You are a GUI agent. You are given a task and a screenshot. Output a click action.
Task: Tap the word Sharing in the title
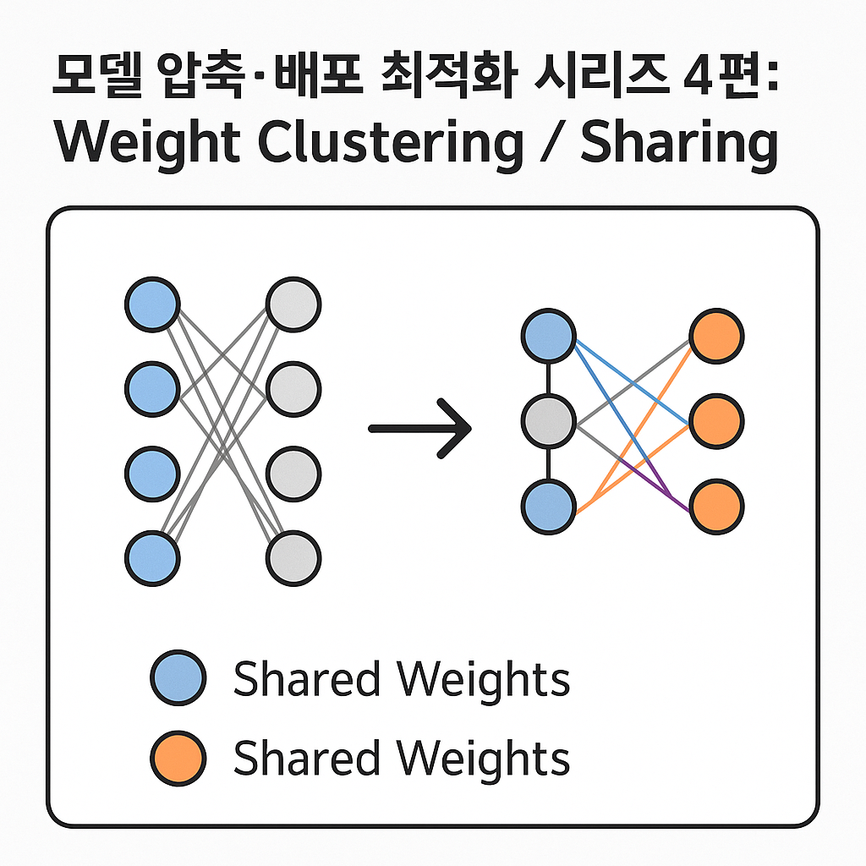(x=678, y=144)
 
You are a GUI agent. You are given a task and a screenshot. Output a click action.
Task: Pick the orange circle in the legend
(x=178, y=759)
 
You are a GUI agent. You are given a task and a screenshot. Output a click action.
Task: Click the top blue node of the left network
(x=152, y=304)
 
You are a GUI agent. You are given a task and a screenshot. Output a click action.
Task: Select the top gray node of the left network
(x=293, y=304)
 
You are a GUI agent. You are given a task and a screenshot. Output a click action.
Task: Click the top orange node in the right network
(x=716, y=336)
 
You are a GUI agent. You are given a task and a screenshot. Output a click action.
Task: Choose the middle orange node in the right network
(x=716, y=420)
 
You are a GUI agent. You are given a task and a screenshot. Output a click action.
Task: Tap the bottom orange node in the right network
(x=716, y=507)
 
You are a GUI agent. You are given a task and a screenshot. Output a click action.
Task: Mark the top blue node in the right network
(x=548, y=336)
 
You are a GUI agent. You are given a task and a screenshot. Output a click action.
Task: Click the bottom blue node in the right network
(x=548, y=507)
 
